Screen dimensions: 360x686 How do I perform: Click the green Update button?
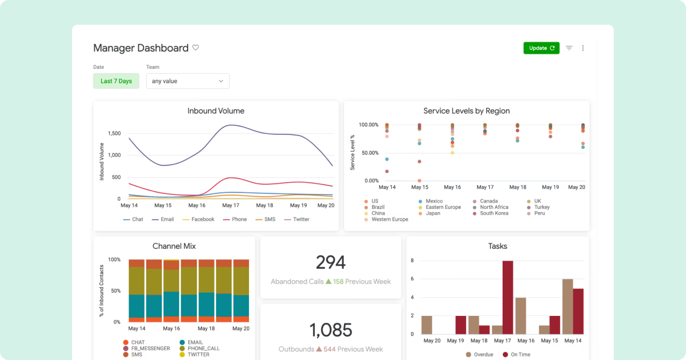tap(541, 48)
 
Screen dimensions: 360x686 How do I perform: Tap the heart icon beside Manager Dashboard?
tap(196, 48)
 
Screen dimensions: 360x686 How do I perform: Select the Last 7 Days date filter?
tap(116, 81)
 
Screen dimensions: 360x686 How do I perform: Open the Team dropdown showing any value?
tap(188, 81)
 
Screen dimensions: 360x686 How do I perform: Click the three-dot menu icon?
tap(583, 48)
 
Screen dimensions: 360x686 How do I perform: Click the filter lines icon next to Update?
tap(569, 48)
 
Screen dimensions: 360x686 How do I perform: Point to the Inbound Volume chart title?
tap(216, 111)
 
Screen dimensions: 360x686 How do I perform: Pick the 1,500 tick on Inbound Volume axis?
tap(113, 133)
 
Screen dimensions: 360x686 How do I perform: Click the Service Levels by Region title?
tap(466, 111)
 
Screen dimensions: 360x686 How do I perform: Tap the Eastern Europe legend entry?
tap(442, 207)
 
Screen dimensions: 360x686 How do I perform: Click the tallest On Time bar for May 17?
tap(508, 297)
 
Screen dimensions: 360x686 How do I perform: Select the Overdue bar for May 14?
tap(567, 306)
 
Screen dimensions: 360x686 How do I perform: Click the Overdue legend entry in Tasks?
tap(480, 355)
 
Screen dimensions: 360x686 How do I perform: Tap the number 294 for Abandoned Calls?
tap(331, 262)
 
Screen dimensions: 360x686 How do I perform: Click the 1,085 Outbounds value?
tap(331, 330)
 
